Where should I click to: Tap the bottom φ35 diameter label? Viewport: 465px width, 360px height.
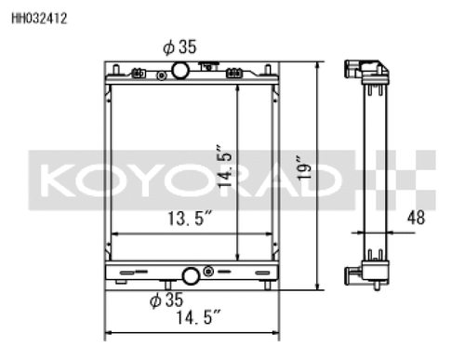point(168,300)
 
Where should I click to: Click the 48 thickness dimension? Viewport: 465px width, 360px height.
point(417,219)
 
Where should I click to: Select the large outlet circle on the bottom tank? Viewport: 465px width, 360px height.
point(192,275)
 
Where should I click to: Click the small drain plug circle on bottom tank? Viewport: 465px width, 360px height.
point(208,272)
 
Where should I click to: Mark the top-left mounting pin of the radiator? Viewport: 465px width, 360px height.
point(112,69)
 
